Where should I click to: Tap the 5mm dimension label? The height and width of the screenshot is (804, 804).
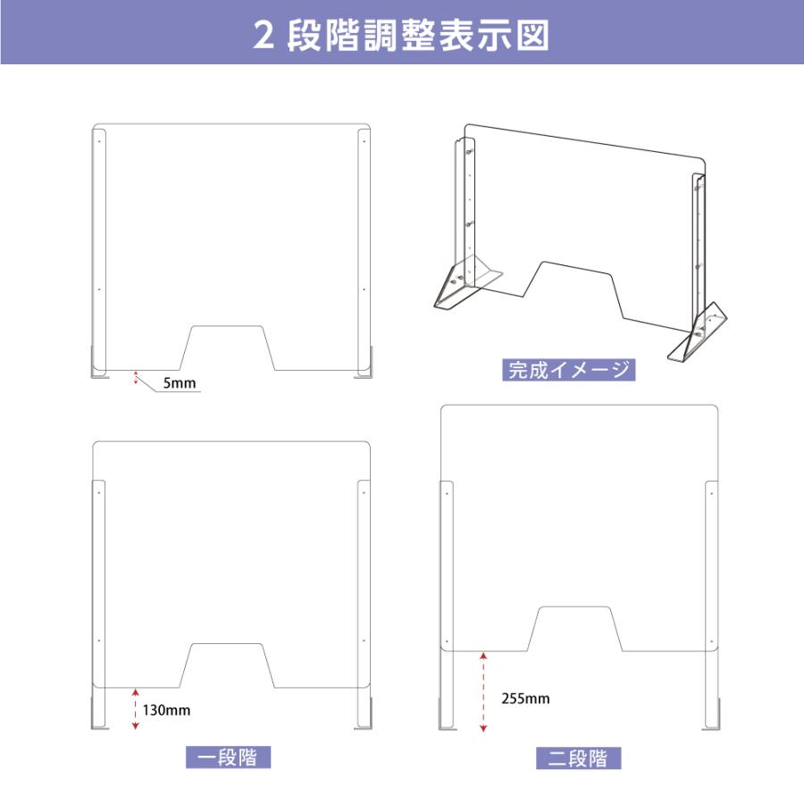(x=179, y=384)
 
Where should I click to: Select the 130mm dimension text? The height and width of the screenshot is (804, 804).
(x=166, y=710)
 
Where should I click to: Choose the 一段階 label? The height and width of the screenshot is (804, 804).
(x=227, y=758)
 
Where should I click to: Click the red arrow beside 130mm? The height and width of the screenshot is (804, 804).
(x=135, y=708)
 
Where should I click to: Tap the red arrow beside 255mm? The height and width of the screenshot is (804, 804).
(x=483, y=693)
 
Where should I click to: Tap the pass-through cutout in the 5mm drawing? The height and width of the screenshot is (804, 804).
(x=228, y=348)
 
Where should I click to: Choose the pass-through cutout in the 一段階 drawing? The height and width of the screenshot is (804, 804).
(x=228, y=666)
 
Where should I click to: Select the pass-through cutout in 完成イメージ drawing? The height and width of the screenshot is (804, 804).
(x=575, y=290)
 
